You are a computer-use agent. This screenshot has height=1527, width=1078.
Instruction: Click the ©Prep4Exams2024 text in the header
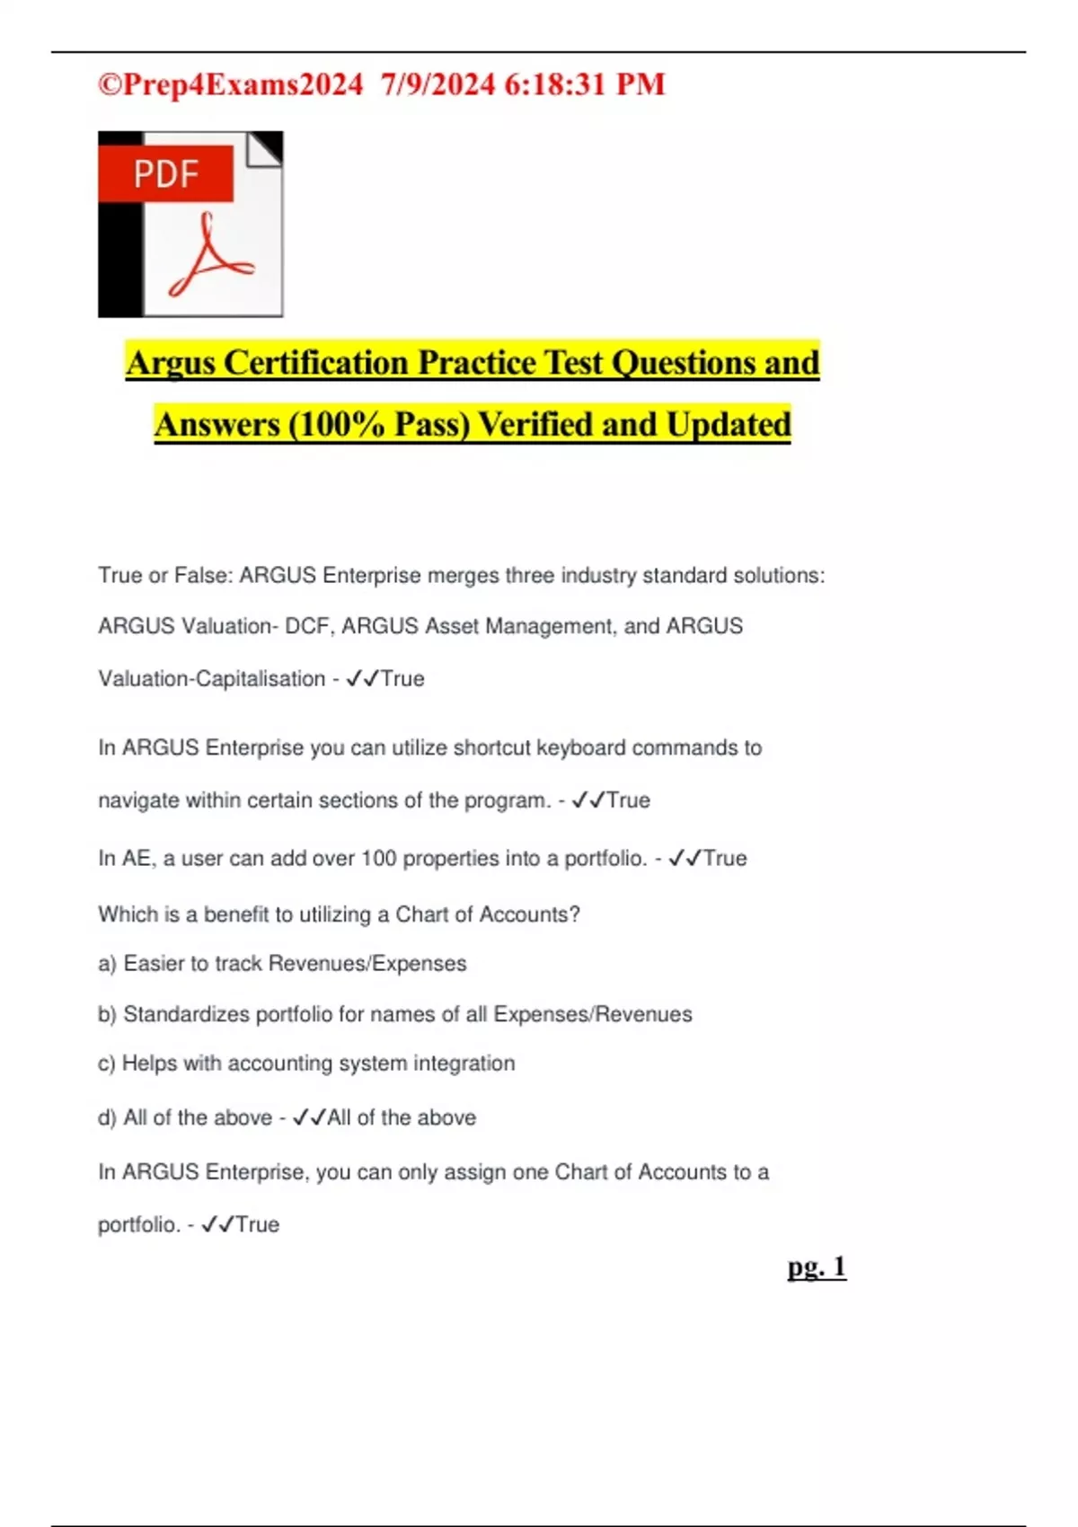[x=230, y=84]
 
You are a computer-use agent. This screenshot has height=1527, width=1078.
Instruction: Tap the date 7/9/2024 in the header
[x=437, y=84]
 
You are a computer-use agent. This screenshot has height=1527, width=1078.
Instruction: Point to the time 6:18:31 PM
[x=585, y=84]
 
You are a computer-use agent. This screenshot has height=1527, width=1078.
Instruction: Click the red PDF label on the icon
[x=166, y=173]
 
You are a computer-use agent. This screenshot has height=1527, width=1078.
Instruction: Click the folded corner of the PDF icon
[x=266, y=148]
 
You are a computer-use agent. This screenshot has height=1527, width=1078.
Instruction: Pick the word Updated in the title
[x=729, y=425]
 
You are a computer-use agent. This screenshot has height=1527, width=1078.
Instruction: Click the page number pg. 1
[x=817, y=1267]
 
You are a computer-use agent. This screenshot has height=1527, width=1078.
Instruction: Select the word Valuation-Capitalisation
[x=212, y=679]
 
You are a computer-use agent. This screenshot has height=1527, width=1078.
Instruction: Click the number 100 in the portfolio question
[x=378, y=859]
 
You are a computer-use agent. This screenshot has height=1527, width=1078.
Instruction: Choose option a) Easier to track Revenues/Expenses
[x=282, y=964]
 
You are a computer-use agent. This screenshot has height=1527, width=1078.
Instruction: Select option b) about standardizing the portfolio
[x=395, y=1014]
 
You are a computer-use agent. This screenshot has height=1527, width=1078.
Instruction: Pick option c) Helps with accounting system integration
[x=306, y=1064]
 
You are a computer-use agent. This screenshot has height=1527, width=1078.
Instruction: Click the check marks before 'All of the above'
[x=309, y=1117]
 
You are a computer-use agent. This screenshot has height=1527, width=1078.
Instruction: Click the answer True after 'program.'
[x=629, y=800]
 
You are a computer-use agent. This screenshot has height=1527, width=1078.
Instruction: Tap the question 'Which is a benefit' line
[x=339, y=914]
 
